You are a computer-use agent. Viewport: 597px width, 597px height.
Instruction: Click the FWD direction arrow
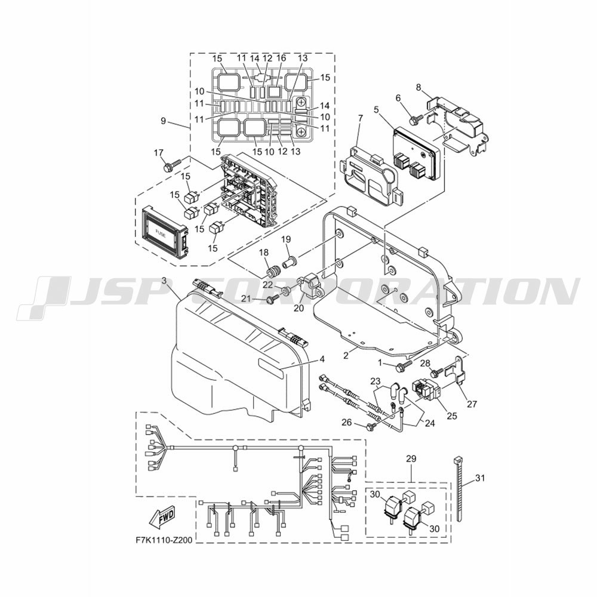(x=162, y=518)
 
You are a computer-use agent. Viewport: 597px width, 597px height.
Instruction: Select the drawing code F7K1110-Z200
(x=164, y=540)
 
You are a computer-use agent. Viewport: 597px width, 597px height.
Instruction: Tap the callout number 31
(x=481, y=478)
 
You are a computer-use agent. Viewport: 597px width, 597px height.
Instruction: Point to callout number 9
(x=164, y=121)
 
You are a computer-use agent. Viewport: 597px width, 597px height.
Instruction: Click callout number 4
(x=322, y=359)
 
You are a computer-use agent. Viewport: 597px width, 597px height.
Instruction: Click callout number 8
(x=418, y=87)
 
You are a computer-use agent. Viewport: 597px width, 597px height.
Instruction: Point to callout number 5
(x=376, y=110)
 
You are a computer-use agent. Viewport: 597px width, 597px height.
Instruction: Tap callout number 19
(x=286, y=239)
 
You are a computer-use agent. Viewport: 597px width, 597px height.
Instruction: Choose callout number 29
(x=411, y=458)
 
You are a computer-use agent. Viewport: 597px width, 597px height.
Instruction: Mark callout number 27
(x=472, y=404)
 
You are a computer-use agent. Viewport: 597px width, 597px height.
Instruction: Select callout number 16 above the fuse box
(x=281, y=58)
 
